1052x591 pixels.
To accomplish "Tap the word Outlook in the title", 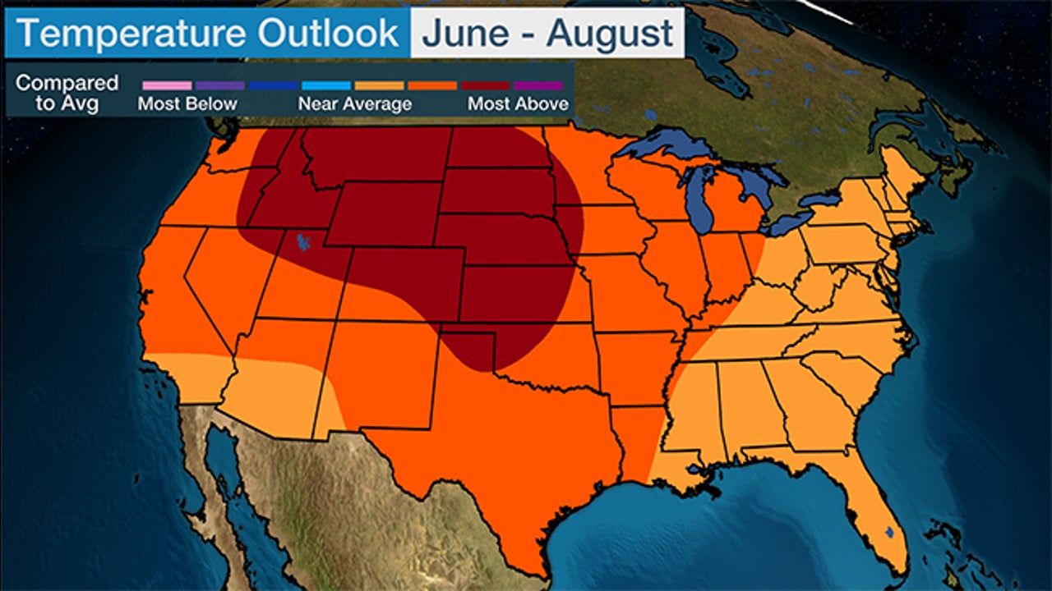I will coord(329,34).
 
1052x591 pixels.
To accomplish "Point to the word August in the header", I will coord(610,34).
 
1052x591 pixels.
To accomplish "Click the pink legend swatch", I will coord(167,85).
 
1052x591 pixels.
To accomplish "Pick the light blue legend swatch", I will coord(326,85).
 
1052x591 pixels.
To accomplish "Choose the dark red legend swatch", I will coord(486,85).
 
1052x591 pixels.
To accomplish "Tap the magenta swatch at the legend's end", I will coord(539,85).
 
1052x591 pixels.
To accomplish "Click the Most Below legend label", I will coord(187,104).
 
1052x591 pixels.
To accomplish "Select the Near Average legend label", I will coord(354,104).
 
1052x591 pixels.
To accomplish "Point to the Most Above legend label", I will coord(518,104).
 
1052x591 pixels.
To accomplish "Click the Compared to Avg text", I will coord(67,93).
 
